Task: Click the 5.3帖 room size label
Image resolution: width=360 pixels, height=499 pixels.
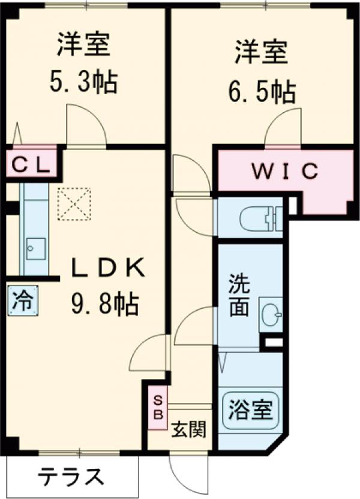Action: (x=83, y=82)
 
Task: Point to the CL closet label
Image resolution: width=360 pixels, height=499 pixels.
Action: (x=32, y=164)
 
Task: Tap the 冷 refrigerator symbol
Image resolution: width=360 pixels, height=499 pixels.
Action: (x=23, y=298)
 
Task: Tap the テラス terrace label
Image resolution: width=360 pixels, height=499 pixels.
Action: (x=71, y=477)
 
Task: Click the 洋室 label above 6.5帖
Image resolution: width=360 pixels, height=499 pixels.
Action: (x=261, y=52)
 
